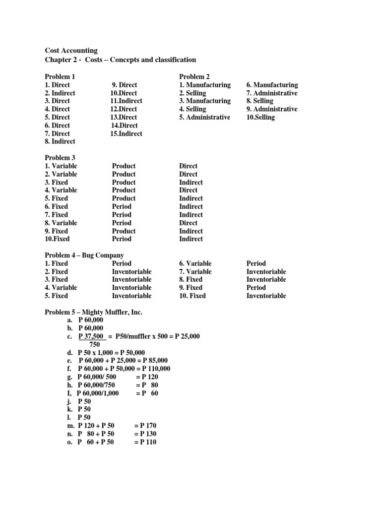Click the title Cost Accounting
[71, 51]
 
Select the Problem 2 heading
[194, 76]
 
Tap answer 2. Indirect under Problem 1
[60, 93]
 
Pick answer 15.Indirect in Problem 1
[126, 133]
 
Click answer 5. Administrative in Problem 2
[204, 117]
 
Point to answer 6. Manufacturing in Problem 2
[272, 85]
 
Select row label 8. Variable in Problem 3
[61, 223]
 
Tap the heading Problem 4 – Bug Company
[84, 255]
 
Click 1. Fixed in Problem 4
[57, 263]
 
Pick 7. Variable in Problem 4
[195, 271]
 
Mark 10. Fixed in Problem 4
[192, 296]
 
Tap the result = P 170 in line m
[145, 426]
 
